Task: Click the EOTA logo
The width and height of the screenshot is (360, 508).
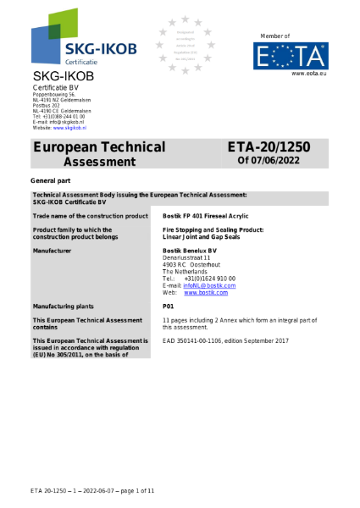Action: (x=292, y=56)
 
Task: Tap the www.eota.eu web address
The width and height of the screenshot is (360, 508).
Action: (x=309, y=75)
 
